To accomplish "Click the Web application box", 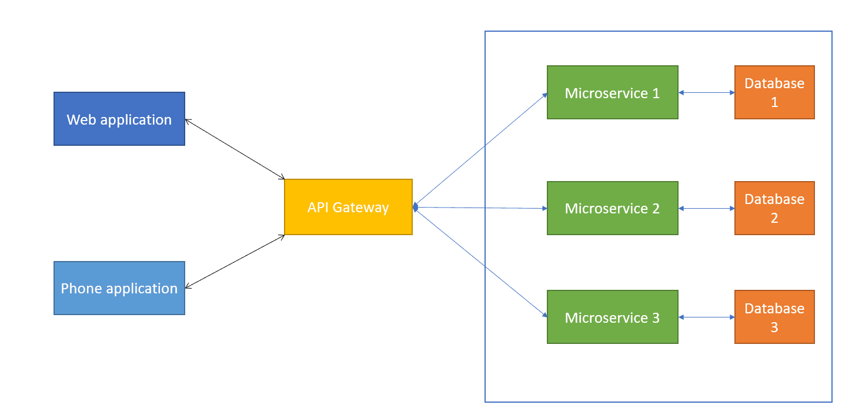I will coord(119,119).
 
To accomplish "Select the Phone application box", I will coord(119,288).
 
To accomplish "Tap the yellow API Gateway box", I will coord(348,207).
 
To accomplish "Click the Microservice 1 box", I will coord(612,92).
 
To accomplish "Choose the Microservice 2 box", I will coord(612,208).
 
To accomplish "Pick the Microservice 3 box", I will coord(612,317).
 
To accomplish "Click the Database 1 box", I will coord(774,92).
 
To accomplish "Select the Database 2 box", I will coord(774,208).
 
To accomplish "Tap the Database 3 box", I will coord(774,317).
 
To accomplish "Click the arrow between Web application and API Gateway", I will coord(235,149).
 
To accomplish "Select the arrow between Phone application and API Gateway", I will coord(235,262).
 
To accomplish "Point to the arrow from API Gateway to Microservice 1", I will coord(481,150).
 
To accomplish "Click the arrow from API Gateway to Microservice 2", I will coord(481,208).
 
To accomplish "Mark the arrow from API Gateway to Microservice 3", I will coord(481,263).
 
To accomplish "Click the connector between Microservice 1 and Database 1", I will coord(706,92).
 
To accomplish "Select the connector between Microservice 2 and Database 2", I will coord(706,208).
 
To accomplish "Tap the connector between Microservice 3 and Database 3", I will coord(706,317).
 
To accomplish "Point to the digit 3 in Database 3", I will coord(774,327).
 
